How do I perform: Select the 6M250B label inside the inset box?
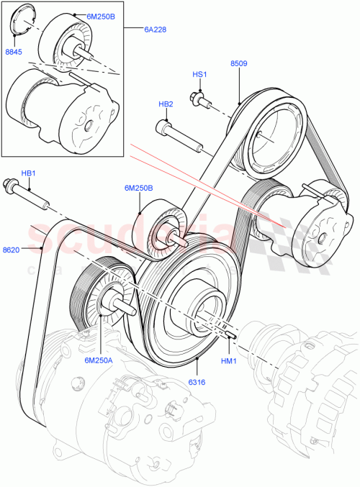(101, 16)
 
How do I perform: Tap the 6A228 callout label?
(154, 29)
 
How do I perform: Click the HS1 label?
(199, 74)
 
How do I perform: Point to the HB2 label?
(166, 104)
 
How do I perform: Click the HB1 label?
(27, 173)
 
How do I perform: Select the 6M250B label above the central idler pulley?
(137, 188)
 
